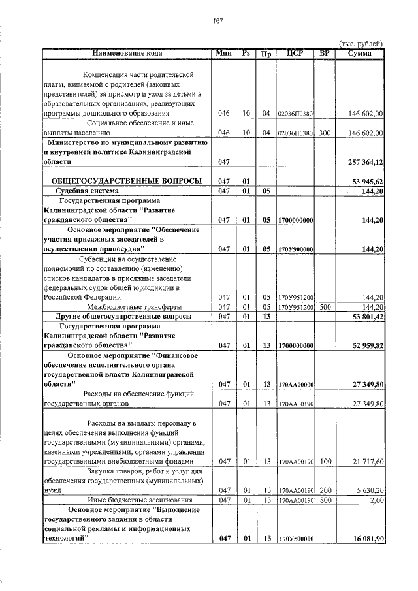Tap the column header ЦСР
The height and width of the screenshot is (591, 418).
pos(296,53)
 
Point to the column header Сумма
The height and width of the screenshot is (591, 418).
pos(360,53)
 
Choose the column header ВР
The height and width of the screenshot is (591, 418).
pos(325,53)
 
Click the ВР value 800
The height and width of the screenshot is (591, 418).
pos(325,500)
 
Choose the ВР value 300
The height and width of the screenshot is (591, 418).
pos(325,133)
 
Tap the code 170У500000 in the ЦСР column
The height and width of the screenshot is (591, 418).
pos(296,539)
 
